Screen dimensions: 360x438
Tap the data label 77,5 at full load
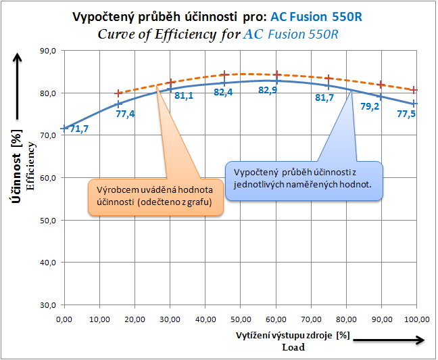pyautogui.click(x=406, y=114)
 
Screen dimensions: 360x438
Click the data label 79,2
pyautogui.click(x=369, y=106)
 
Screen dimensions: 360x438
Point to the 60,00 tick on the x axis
pyautogui.click(x=275, y=318)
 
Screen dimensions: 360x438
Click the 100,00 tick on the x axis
pyautogui.click(x=414, y=318)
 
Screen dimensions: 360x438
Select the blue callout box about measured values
pyautogui.click(x=304, y=180)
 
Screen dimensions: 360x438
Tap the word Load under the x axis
pyautogui.click(x=293, y=347)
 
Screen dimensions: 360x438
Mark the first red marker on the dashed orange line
pyautogui.click(x=119, y=93)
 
